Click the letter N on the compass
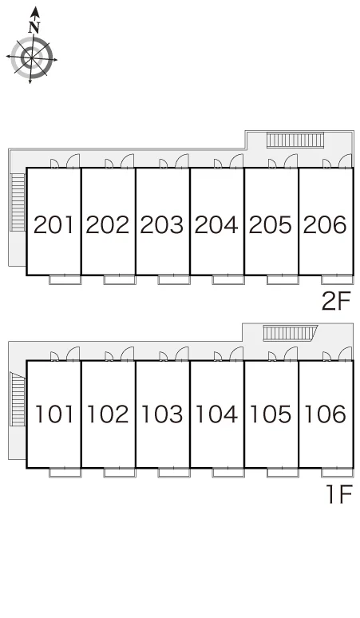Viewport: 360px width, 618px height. click(x=34, y=28)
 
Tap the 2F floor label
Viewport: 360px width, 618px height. click(x=336, y=302)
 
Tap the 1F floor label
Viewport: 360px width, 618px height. click(x=338, y=494)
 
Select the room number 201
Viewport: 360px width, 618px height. click(x=53, y=225)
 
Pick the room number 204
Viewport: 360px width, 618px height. click(x=216, y=225)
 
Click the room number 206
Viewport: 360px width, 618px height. click(x=325, y=225)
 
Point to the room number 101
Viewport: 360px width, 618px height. click(x=54, y=414)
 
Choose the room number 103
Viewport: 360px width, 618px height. click(x=162, y=414)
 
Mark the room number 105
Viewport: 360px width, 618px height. click(x=271, y=414)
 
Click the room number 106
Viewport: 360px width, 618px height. click(x=326, y=414)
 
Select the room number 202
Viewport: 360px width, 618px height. click(x=108, y=225)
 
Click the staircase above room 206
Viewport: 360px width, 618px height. click(x=295, y=141)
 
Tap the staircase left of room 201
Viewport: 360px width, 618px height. click(x=18, y=202)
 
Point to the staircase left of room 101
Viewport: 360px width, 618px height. click(x=18, y=399)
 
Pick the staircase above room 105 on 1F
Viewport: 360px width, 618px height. click(x=291, y=333)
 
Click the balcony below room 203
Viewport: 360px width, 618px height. click(x=174, y=279)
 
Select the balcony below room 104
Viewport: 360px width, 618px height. click(x=228, y=473)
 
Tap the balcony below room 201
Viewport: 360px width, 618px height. click(x=65, y=279)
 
